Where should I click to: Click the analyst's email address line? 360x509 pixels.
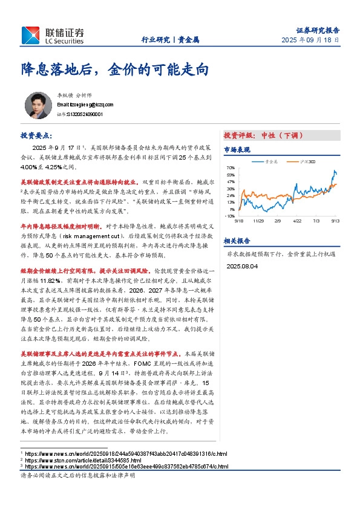tap(76, 104)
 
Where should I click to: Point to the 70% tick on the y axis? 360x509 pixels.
tap(231, 167)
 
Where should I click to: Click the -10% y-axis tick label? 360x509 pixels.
tap(229, 215)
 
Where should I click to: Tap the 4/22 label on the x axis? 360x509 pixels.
tap(297, 221)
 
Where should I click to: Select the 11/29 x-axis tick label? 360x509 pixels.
tap(258, 221)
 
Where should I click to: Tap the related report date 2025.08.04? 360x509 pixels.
tap(242, 265)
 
